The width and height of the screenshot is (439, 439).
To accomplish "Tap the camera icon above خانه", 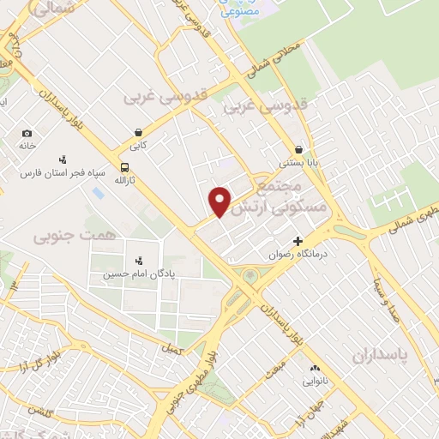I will point(27,133).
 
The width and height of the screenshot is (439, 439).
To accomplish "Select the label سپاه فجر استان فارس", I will point(63,172).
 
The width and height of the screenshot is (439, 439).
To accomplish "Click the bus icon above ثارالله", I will point(125,168).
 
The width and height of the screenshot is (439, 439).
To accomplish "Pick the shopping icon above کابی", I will point(139,133).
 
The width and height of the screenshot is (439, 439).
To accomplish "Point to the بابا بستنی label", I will point(298,161).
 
